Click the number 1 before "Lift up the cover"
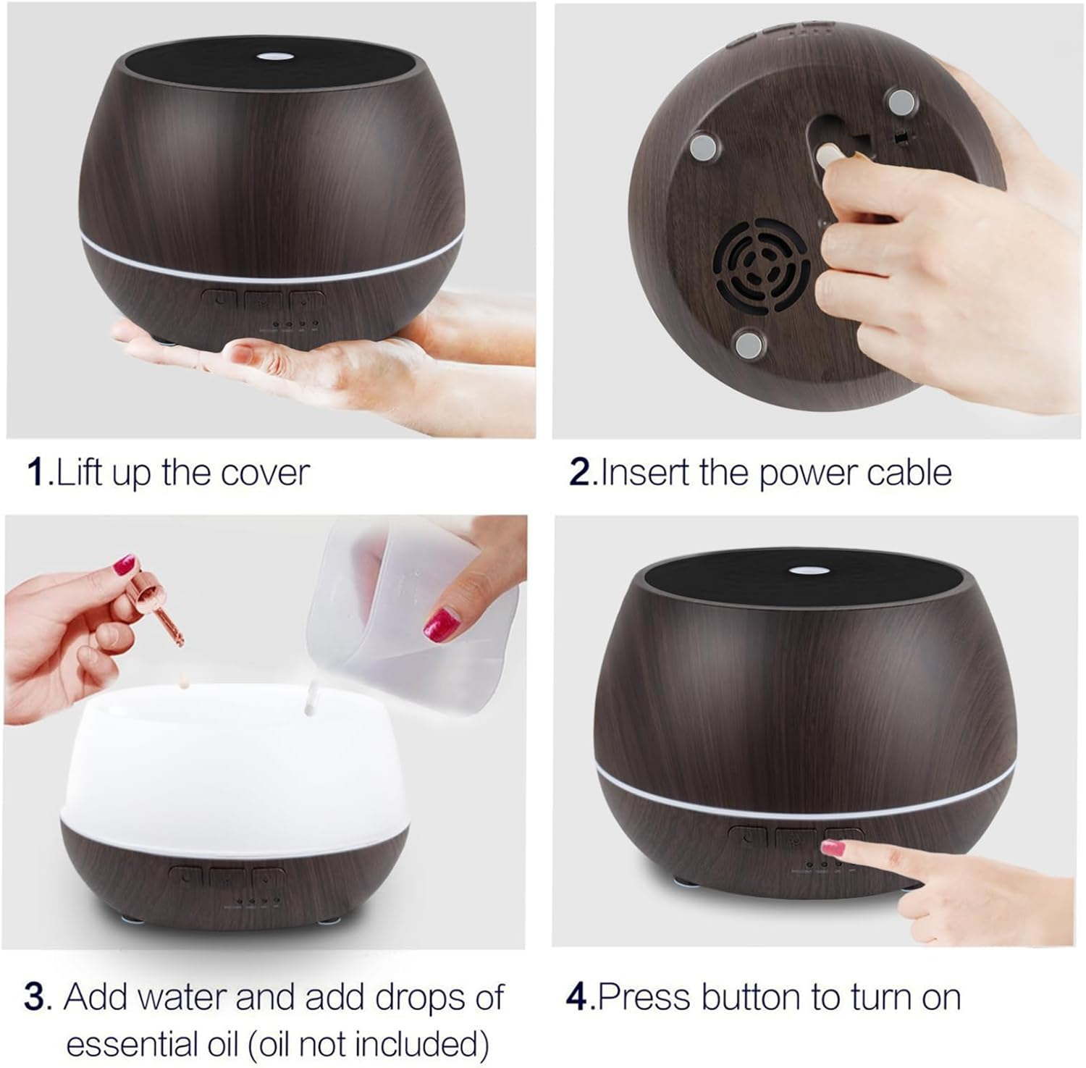pos(36,473)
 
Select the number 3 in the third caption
pos(35,997)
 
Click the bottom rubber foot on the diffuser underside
pos(746,343)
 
